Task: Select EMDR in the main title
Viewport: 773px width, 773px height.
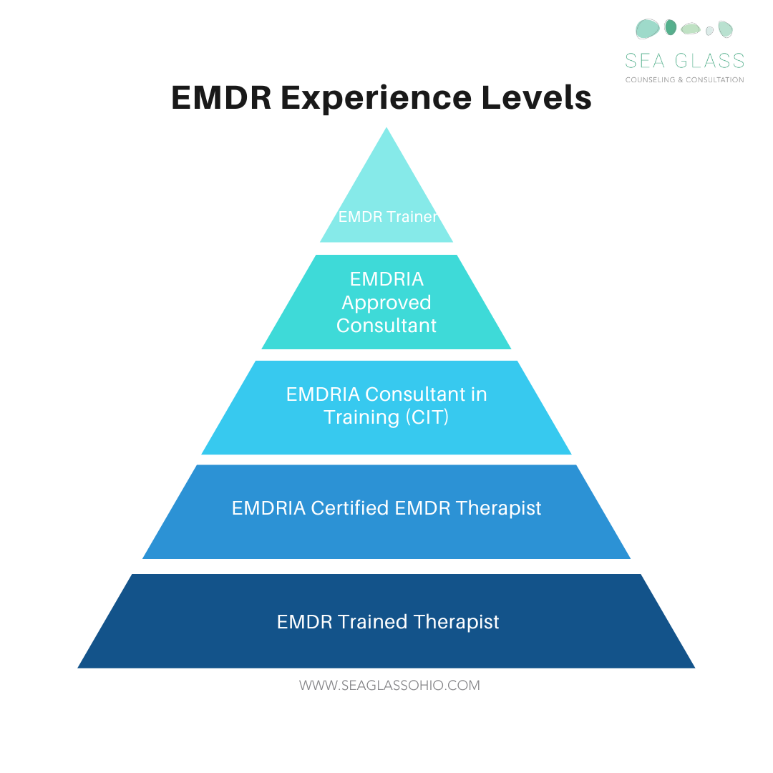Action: pos(221,98)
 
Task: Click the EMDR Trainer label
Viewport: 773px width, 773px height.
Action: pos(387,217)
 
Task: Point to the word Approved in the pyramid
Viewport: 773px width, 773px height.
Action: pos(386,303)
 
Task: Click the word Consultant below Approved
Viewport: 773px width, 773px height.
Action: pos(386,326)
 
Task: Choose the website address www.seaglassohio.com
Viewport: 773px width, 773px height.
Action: pos(389,686)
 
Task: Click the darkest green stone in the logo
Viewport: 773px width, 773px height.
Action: pos(671,28)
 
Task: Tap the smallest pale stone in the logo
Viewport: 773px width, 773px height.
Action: pos(709,31)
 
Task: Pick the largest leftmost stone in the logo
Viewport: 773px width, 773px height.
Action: pos(648,29)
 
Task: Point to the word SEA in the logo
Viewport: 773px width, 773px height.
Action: pos(644,61)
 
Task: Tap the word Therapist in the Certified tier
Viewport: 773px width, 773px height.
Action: pos(499,508)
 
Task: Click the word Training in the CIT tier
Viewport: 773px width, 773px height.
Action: pos(357,417)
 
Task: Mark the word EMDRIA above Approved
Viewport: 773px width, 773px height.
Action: pos(386,279)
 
